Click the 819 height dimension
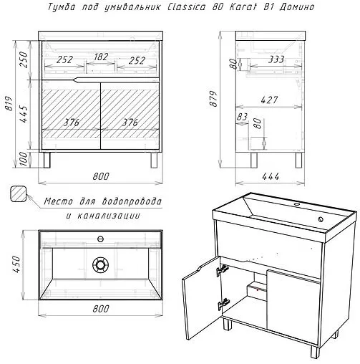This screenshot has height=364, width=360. coord(9,103)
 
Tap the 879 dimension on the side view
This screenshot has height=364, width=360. coord(213,98)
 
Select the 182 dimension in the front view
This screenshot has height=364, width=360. coord(101,57)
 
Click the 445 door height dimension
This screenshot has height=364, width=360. coord(24,114)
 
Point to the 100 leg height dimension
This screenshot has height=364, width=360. coord(24,159)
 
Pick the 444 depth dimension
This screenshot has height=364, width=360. coord(271,176)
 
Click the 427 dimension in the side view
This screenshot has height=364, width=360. coord(269,100)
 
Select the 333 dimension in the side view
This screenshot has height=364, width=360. coord(276,59)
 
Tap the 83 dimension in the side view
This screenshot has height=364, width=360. coord(242,117)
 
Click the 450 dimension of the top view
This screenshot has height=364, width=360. coord(16,264)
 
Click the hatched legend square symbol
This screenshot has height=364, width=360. coord(18,194)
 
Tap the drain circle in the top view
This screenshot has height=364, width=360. coord(100,264)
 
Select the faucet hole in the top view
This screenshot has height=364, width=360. coord(100,239)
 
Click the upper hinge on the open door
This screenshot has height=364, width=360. coord(223,270)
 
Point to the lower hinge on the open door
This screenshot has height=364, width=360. coord(223,304)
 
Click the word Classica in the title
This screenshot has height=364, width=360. coord(186,6)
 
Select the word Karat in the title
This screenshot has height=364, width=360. coord(243,6)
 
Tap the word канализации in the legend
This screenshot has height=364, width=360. coord(109,216)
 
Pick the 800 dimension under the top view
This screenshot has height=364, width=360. coord(100,309)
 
